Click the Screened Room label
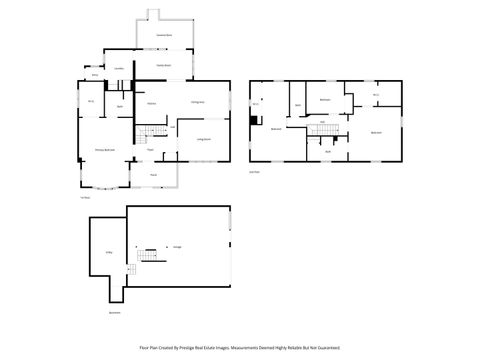165,35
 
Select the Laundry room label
119,68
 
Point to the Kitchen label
151,103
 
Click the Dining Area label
198,103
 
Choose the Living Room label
203,139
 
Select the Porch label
154,175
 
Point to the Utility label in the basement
108,252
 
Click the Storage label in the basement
177,246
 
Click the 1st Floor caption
85,197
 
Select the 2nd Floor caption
254,171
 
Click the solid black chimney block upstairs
255,121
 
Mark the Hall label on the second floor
323,121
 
